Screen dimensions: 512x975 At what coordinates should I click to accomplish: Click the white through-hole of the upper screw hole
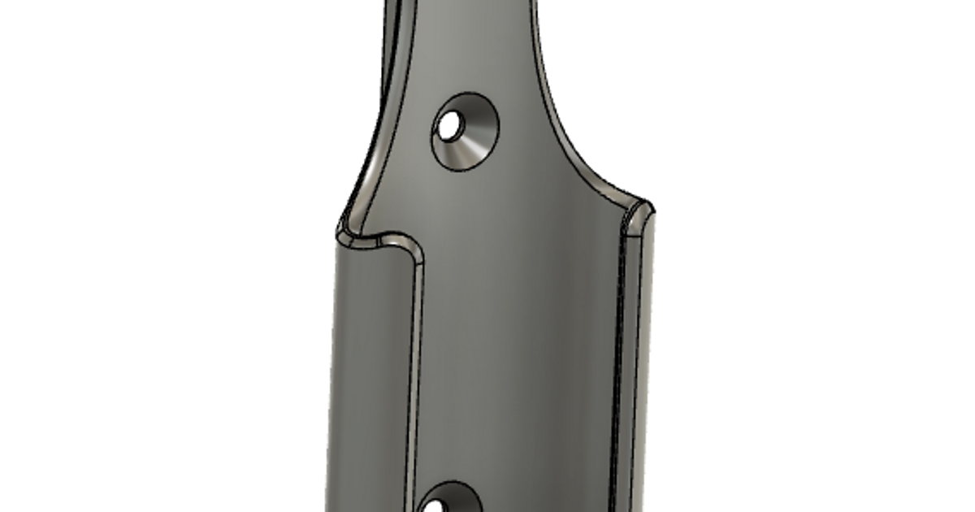[448, 125]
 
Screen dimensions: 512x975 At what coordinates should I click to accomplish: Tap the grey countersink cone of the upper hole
[474, 135]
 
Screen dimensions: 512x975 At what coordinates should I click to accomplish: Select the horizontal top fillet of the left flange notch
[382, 241]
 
